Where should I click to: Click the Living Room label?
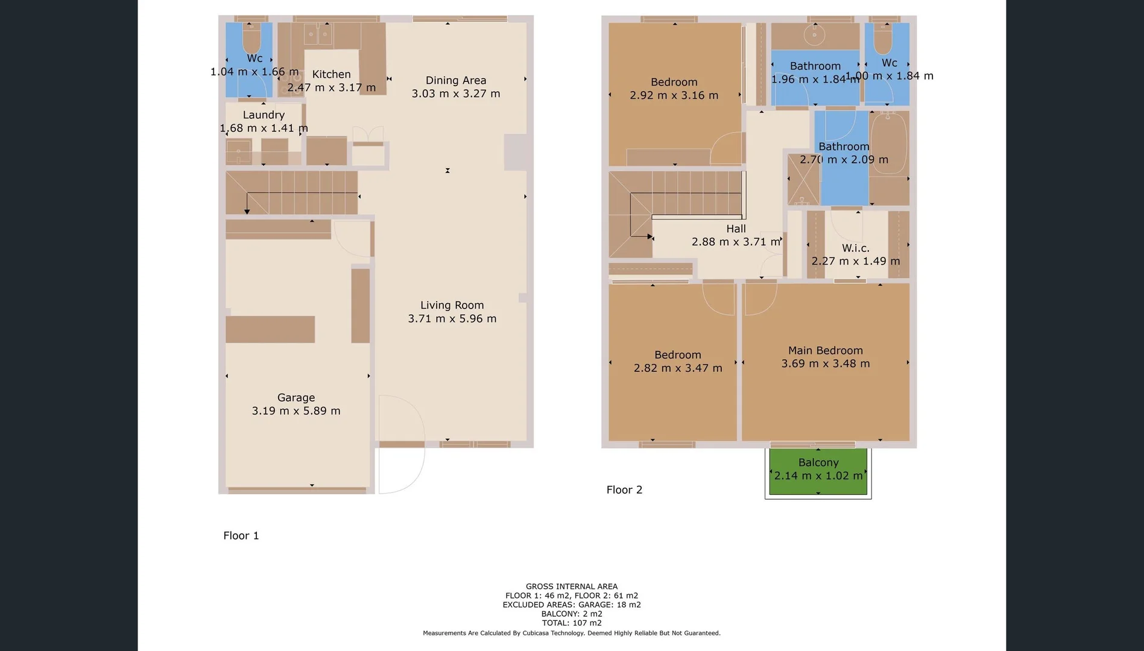(452, 305)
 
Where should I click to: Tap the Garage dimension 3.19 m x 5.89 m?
(295, 411)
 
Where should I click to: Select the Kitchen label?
(331, 74)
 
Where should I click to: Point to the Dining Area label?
(455, 80)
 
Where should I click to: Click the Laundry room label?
(264, 115)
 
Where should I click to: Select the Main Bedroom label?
(825, 350)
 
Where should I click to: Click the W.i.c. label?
(855, 248)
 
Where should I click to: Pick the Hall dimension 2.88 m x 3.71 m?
(735, 242)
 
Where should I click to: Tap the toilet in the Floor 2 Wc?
(883, 40)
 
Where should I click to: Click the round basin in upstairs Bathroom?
(814, 36)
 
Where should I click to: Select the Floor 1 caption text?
(241, 535)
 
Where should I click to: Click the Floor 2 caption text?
(624, 489)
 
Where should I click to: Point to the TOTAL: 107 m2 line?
(571, 623)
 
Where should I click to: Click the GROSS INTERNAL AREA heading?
(571, 586)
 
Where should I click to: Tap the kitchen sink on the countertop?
(317, 34)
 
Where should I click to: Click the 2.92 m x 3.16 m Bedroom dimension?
(674, 95)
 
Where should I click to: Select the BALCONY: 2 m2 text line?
(571, 614)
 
